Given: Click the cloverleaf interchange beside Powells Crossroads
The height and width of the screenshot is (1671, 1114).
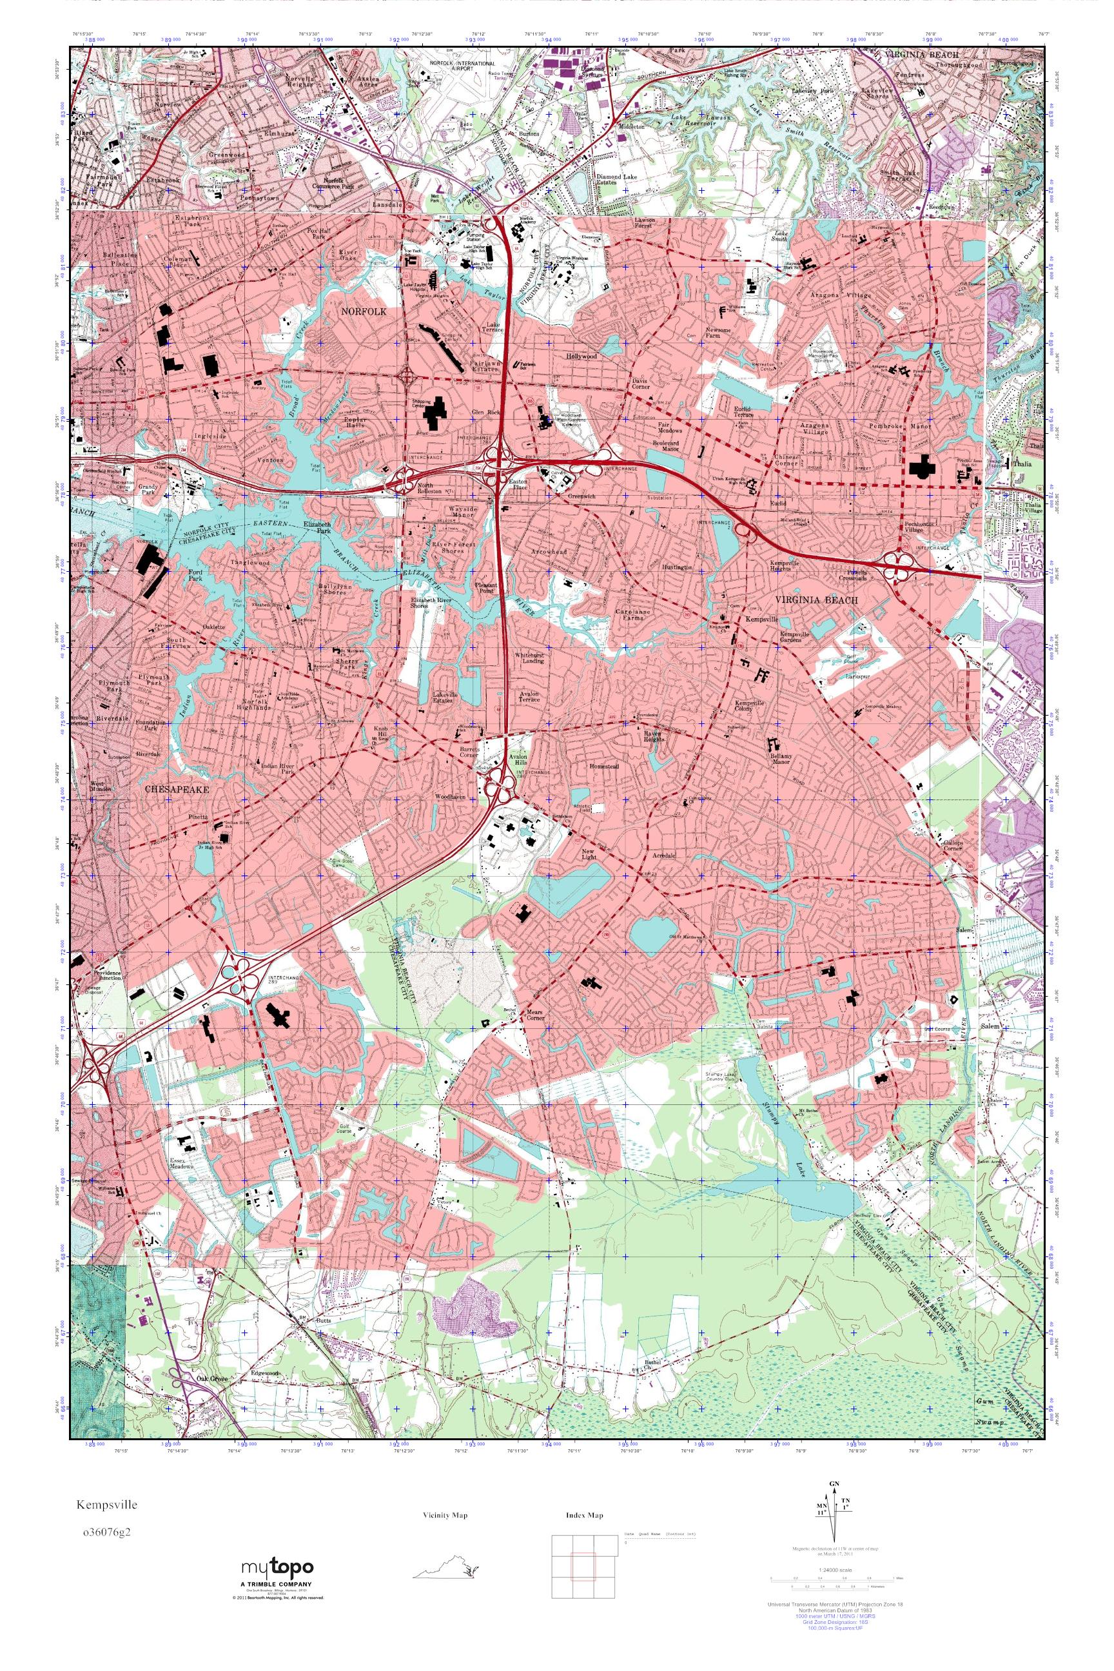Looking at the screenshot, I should [898, 566].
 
